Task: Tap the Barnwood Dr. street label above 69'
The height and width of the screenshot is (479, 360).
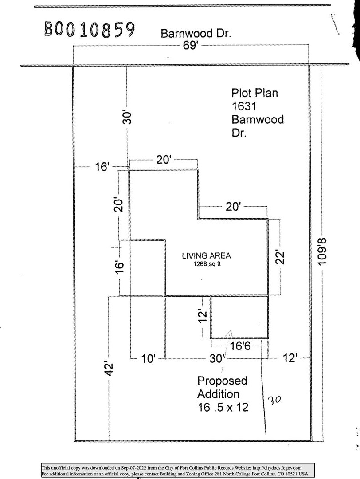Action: click(x=196, y=33)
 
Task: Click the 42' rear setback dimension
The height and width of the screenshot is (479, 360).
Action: click(x=110, y=369)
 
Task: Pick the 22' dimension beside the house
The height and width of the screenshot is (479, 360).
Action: click(x=279, y=257)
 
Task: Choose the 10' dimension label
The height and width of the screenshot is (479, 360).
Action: click(x=148, y=358)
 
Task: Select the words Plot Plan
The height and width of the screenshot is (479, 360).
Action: click(x=255, y=93)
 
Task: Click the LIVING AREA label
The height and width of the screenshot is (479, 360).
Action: click(x=207, y=255)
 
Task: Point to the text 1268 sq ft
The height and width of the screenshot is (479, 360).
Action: click(x=207, y=264)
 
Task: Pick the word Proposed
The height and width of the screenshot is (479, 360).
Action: click(x=222, y=381)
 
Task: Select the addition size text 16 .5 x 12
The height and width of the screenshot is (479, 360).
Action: click(x=223, y=407)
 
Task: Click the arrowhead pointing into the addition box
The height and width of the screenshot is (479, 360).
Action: click(x=230, y=333)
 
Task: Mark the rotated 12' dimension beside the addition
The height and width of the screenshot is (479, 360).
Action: click(x=203, y=315)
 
